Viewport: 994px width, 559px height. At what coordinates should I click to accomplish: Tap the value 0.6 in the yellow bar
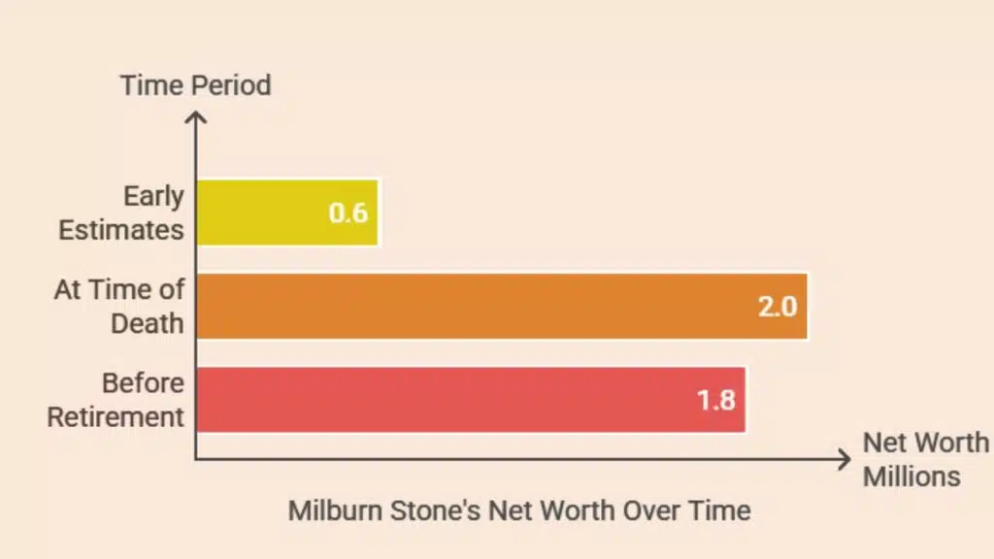click(x=348, y=213)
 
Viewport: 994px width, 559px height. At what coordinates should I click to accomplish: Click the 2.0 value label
click(x=777, y=307)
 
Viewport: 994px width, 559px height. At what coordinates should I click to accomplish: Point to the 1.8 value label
click(x=716, y=400)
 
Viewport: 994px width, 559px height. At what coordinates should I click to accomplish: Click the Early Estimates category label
click(x=122, y=213)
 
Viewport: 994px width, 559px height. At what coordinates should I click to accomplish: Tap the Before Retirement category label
click(x=116, y=400)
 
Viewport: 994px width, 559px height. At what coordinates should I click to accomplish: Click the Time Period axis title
click(x=195, y=85)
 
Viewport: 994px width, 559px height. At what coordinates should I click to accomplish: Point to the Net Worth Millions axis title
click(x=924, y=459)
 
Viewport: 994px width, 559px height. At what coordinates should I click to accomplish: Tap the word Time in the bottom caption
click(x=719, y=510)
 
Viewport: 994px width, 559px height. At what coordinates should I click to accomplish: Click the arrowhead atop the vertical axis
click(x=196, y=118)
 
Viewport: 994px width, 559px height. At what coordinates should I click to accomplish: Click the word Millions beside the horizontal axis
click(x=911, y=477)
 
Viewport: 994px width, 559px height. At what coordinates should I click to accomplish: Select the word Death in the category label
click(x=148, y=323)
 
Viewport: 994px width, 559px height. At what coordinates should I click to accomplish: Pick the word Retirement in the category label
click(x=116, y=417)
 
